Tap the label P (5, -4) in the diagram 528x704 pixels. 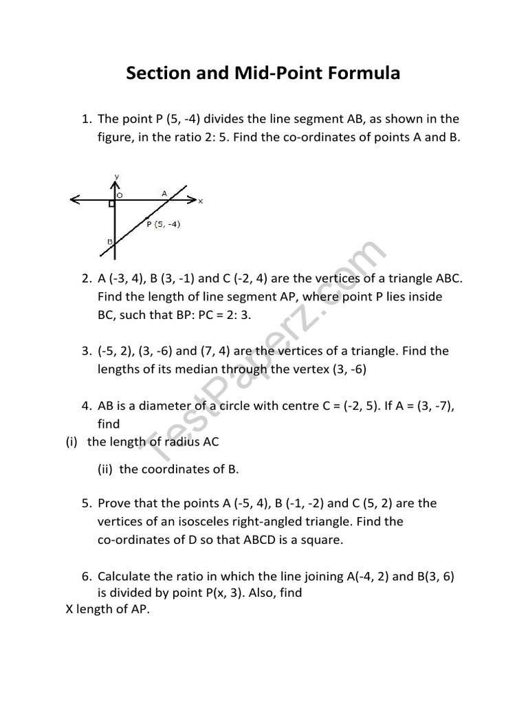pyautogui.click(x=164, y=224)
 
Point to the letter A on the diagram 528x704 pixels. pyautogui.click(x=164, y=194)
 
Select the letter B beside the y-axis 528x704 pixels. pyautogui.click(x=109, y=241)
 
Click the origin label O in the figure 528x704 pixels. pyautogui.click(x=119, y=195)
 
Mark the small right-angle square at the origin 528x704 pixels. pyautogui.click(x=111, y=204)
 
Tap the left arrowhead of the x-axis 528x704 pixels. pyautogui.click(x=74, y=201)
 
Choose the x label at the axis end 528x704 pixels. pyautogui.click(x=201, y=201)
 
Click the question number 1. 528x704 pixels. pyautogui.click(x=86, y=119)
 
